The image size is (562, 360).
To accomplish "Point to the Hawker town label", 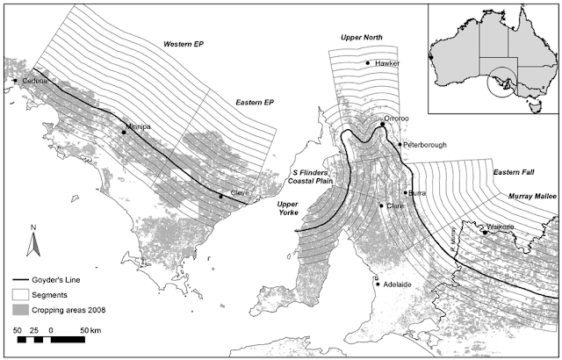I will click(x=386, y=64).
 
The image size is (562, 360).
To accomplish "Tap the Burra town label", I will click(x=417, y=192).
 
